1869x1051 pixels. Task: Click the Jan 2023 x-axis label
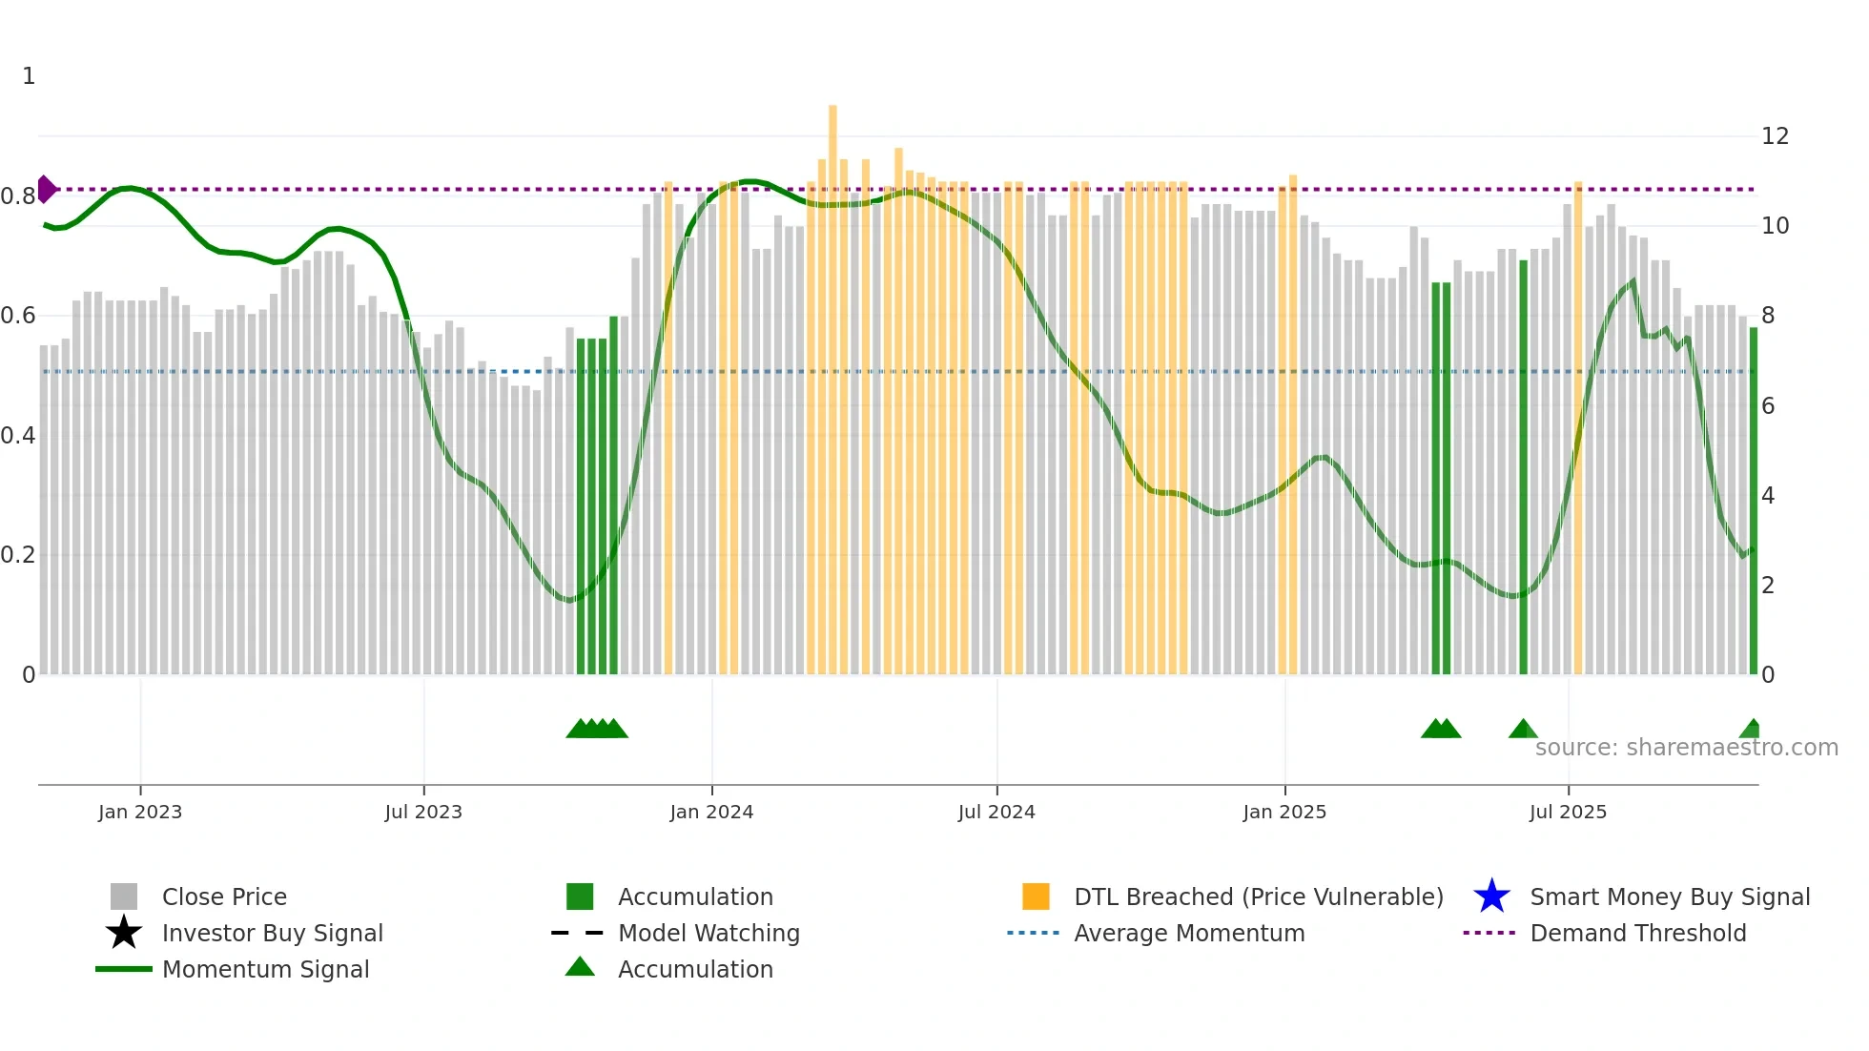[x=139, y=812]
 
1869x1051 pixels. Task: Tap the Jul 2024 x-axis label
[x=996, y=812]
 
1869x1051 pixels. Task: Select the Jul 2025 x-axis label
[x=1568, y=812]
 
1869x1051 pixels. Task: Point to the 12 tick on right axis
[x=1775, y=136]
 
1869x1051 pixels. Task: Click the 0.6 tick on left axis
[x=18, y=316]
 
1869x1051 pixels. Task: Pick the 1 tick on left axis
[x=29, y=76]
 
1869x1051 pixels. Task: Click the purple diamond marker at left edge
[x=46, y=189]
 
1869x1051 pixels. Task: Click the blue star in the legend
[x=1491, y=896]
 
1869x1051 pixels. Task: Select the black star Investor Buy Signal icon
[x=124, y=933]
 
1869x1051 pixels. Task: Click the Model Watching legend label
[x=709, y=933]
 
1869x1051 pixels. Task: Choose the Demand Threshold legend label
[x=1637, y=933]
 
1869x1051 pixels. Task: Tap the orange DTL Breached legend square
[x=1036, y=896]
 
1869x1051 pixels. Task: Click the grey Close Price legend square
[x=124, y=896]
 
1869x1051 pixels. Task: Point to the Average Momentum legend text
[x=1189, y=933]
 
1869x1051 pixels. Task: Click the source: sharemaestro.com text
[x=1686, y=748]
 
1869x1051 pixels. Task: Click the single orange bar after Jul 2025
[x=1578, y=429]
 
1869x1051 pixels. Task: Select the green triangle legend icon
[x=580, y=967]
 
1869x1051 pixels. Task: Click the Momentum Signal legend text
[x=265, y=969]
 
